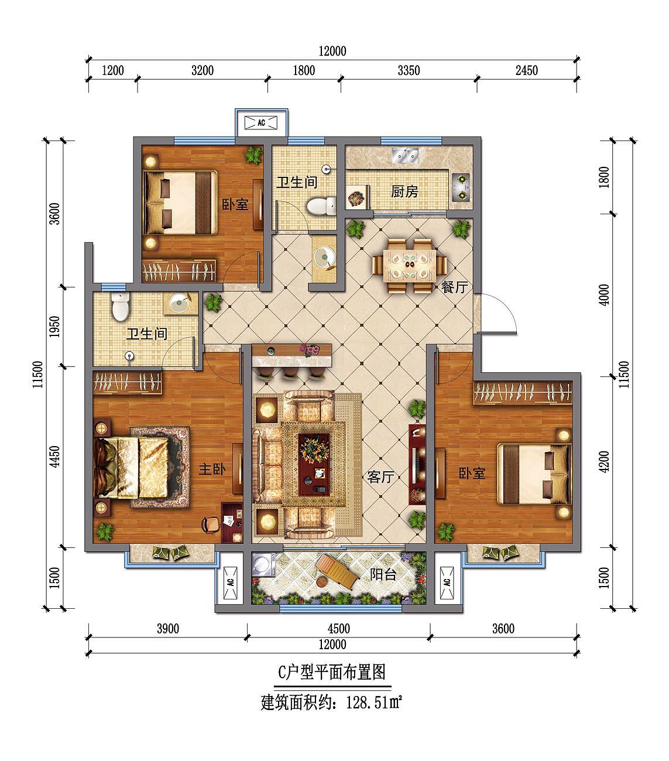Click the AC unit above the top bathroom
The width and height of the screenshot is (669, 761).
261,123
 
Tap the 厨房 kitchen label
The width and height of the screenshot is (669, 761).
404,191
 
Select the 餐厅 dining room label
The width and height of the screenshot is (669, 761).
454,287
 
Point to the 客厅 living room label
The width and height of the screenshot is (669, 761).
380,477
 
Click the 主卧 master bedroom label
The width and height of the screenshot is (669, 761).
212,469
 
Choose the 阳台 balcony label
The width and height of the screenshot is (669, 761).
383,574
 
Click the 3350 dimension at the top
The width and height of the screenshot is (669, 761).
409,71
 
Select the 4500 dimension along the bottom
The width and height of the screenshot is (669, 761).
338,629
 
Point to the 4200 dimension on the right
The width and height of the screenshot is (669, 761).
605,461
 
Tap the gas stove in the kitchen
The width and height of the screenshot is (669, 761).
461,186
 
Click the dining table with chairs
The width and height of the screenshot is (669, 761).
409,265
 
